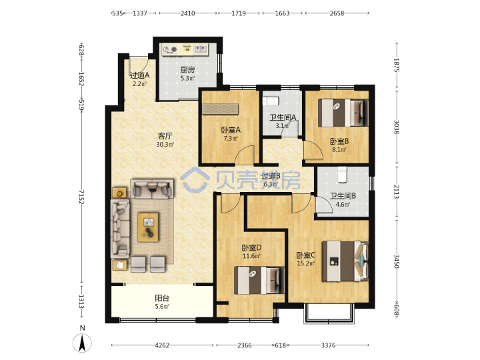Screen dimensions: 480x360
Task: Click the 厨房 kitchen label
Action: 187,70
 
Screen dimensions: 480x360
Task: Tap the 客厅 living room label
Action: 165,135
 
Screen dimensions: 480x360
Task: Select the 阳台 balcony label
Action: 162,298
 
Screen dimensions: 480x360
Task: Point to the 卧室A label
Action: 231,130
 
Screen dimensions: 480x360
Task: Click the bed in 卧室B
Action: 343,113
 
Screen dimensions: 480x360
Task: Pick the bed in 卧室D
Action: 259,281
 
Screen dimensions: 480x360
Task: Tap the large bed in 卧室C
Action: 345,261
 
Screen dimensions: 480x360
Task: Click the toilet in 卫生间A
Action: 271,101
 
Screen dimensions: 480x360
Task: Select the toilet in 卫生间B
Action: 342,175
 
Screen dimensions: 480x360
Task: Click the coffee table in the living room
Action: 148,227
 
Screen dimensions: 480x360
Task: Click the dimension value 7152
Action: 81,197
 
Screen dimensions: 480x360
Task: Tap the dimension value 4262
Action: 162,345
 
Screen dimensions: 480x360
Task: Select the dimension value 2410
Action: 187,13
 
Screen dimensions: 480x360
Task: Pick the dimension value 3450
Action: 397,261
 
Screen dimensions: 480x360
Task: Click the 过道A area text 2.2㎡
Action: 139,83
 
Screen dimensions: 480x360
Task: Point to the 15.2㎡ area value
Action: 306,263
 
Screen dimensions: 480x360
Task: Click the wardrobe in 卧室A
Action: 220,109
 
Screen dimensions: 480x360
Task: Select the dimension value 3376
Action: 329,345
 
